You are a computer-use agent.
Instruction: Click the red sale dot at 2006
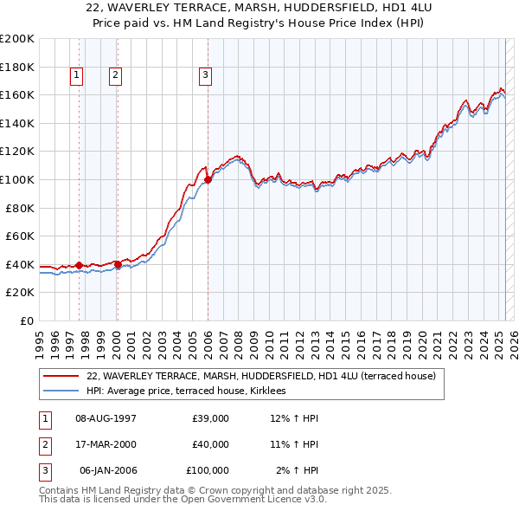pyautogui.click(x=208, y=179)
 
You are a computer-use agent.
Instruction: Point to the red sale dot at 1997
pyautogui.click(x=79, y=265)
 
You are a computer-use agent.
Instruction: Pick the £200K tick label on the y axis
pyautogui.click(x=17, y=39)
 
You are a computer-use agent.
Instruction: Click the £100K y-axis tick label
pyautogui.click(x=17, y=179)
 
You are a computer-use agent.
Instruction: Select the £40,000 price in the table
pyautogui.click(x=209, y=444)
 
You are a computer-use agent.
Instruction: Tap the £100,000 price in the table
pyautogui.click(x=207, y=470)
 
